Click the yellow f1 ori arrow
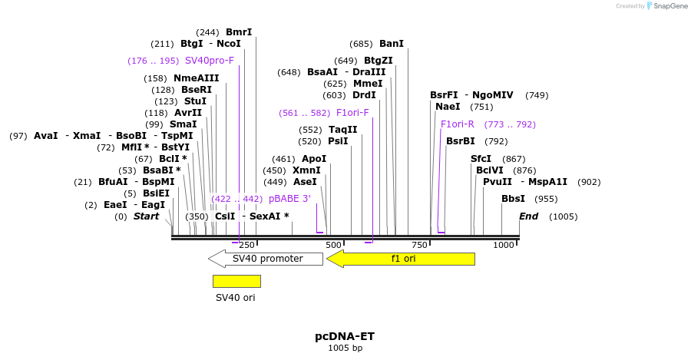tap(401, 259)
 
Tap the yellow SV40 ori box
tap(236, 281)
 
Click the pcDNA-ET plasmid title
tap(345, 336)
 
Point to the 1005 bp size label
tap(345, 348)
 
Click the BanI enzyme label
tap(391, 44)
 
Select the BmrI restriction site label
tap(239, 32)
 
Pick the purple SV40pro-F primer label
tap(209, 61)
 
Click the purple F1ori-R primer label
tap(458, 124)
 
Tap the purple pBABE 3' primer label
tap(289, 199)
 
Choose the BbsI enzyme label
tap(513, 199)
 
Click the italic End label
tap(529, 216)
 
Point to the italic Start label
tap(146, 216)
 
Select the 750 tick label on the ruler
tap(419, 245)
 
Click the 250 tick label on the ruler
tap(246, 245)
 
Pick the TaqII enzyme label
tap(342, 130)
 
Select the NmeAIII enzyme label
tap(196, 78)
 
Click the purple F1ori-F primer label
tap(352, 113)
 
